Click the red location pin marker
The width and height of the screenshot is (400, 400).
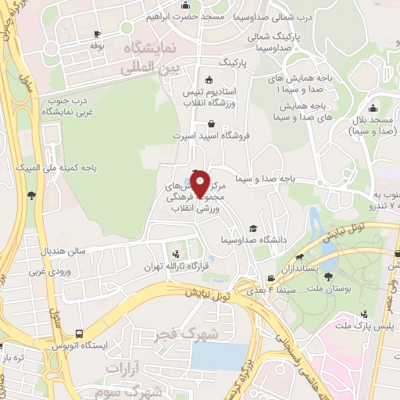point(200,183)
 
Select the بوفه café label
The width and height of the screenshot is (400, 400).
point(97,46)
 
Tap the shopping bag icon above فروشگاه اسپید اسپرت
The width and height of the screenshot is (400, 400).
point(212,123)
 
